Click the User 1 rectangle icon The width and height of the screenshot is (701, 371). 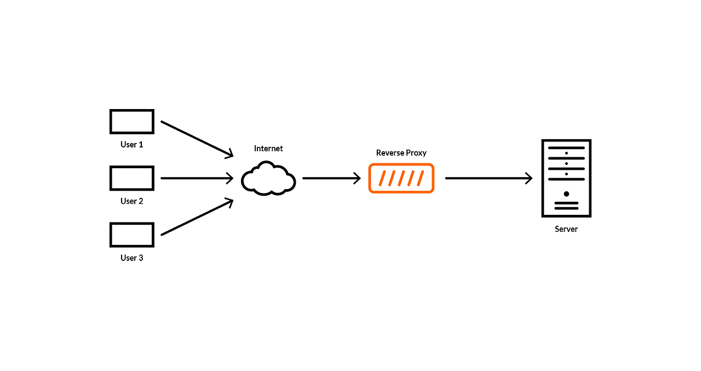pyautogui.click(x=131, y=122)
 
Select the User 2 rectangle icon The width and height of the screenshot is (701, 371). pyautogui.click(x=131, y=178)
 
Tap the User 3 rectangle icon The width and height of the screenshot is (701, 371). pyautogui.click(x=131, y=235)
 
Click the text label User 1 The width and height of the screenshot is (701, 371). pyautogui.click(x=131, y=145)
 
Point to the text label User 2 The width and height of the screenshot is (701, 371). pyautogui.click(x=131, y=201)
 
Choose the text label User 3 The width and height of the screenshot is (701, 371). pyautogui.click(x=131, y=258)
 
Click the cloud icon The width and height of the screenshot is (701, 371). pyautogui.click(x=268, y=179)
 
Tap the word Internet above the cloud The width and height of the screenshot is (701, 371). pyautogui.click(x=268, y=149)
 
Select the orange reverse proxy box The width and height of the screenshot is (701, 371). pyautogui.click(x=401, y=178)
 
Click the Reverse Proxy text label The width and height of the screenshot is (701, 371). pyautogui.click(x=401, y=153)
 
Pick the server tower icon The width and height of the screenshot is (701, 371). pyautogui.click(x=566, y=178)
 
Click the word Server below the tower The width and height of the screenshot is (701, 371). pyautogui.click(x=566, y=229)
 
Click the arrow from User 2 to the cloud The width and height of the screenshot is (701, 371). pyautogui.click(x=197, y=178)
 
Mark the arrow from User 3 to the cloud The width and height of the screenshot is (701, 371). pyautogui.click(x=197, y=218)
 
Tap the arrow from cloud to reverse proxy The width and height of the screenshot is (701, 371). pyautogui.click(x=331, y=178)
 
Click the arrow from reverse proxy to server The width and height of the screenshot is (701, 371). pyautogui.click(x=489, y=178)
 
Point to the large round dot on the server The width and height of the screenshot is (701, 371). pyautogui.click(x=566, y=194)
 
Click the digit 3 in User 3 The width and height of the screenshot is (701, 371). pyautogui.click(x=141, y=258)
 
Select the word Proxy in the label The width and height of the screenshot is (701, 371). pyautogui.click(x=416, y=153)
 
